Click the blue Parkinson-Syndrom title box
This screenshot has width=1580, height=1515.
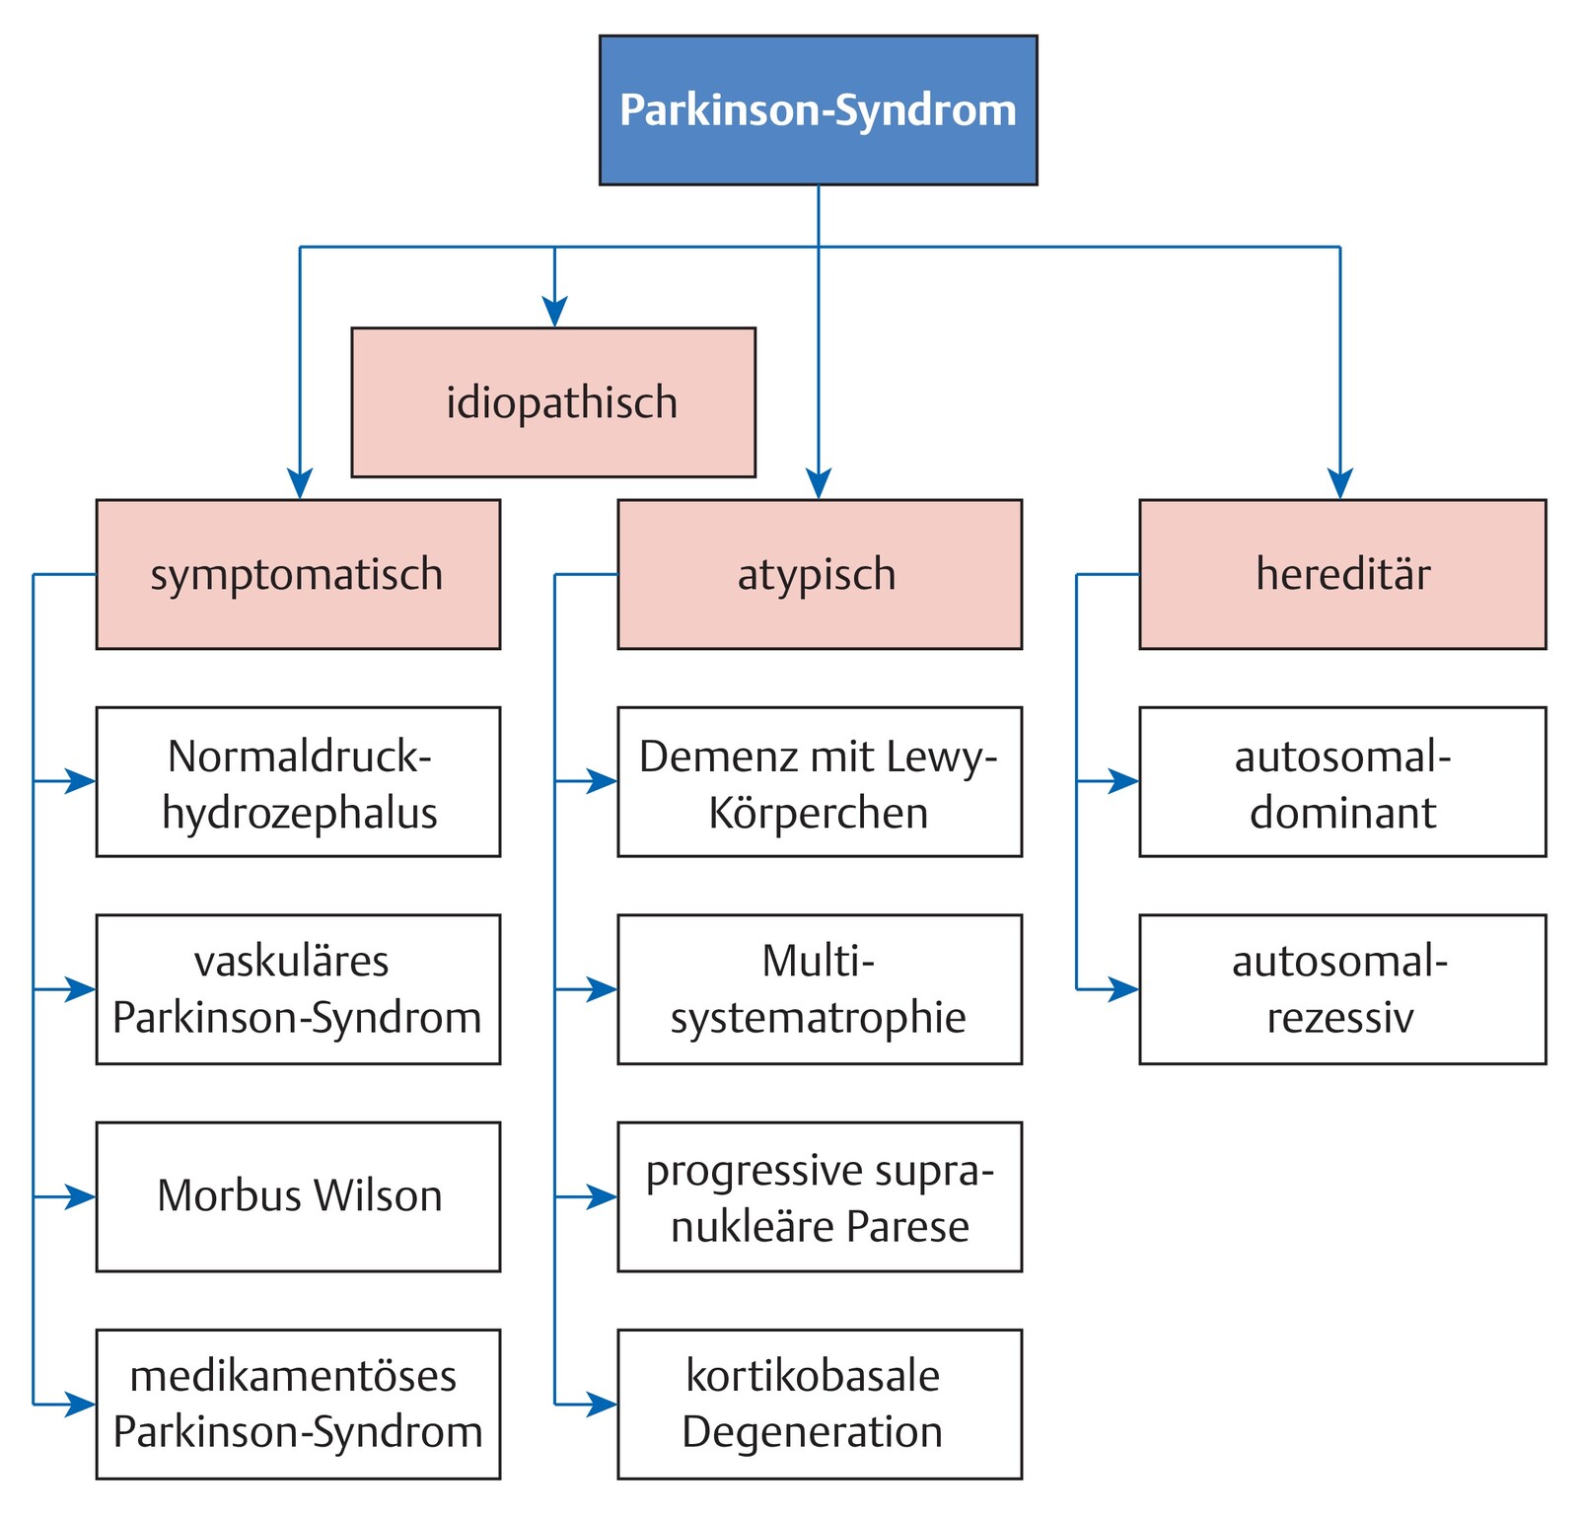point(818,110)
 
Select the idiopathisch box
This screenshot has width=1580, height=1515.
point(553,402)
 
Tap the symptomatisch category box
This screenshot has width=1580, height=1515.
point(298,574)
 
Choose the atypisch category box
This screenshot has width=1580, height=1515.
point(819,574)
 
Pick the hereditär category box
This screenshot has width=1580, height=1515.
point(1341,574)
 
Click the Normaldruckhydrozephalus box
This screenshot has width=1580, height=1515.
point(298,781)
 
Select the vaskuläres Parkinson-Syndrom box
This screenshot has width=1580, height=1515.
point(298,989)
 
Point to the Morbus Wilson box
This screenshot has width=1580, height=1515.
point(298,1196)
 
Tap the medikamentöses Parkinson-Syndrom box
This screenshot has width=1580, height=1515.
point(298,1404)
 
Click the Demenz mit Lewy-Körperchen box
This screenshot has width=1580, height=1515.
point(819,781)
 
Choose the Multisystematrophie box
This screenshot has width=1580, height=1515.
point(819,989)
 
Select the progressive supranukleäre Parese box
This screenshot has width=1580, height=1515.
point(819,1196)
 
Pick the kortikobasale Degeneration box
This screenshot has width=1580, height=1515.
point(819,1404)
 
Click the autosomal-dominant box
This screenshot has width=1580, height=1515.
point(1341,781)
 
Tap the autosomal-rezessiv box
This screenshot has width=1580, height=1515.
point(1341,989)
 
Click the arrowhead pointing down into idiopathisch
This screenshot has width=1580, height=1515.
point(554,313)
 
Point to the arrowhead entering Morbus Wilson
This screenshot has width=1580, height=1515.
point(82,1196)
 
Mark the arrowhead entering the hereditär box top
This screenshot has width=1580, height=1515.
point(1339,484)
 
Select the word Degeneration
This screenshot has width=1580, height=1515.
point(812,1432)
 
